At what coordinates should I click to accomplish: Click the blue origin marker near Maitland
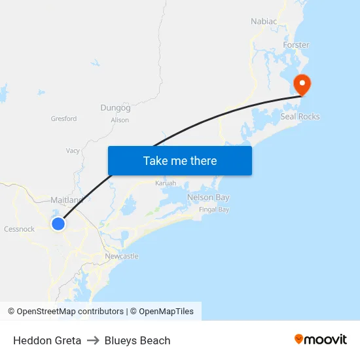58,224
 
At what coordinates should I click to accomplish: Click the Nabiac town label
264,22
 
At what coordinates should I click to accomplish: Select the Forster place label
296,45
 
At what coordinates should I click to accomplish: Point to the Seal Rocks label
300,117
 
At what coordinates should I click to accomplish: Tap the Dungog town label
115,107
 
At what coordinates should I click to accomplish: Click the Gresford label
63,118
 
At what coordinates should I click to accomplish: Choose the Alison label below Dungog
120,120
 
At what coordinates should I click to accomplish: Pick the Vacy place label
73,151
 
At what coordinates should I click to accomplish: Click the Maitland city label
67,200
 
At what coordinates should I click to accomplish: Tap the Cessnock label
19,229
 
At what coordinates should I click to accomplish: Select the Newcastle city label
122,256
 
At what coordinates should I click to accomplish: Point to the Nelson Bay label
208,197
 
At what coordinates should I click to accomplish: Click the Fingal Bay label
214,209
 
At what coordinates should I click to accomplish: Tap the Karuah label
166,183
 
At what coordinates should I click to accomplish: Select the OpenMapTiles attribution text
166,312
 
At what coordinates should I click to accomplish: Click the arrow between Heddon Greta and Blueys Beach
93,340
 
